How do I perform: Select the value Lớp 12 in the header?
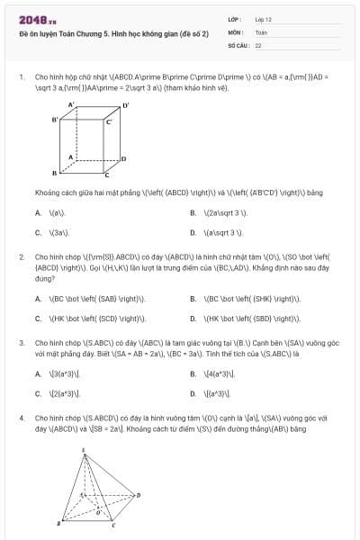click(x=263, y=19)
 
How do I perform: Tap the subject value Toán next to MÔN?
click(x=261, y=31)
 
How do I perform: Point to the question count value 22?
click(x=258, y=44)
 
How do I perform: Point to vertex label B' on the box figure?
click(x=55, y=119)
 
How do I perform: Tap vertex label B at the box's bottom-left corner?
click(x=54, y=171)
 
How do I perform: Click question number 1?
click(x=21, y=76)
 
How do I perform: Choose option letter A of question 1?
click(x=38, y=213)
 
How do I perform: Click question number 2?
click(x=21, y=256)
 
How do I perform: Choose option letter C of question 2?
click(x=38, y=318)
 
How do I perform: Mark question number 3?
click(x=21, y=343)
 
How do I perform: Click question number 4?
click(x=21, y=418)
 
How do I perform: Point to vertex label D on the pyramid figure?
click(x=139, y=494)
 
